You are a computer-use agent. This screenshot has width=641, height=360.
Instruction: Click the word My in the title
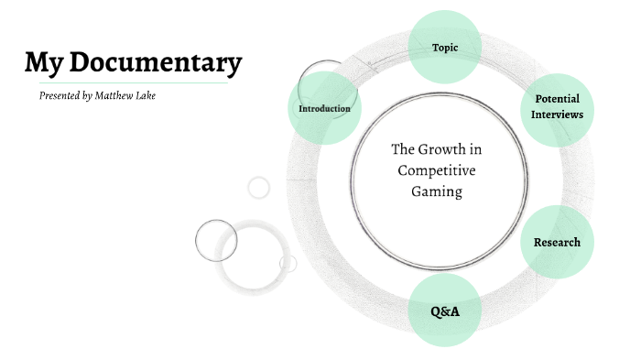(x=43, y=62)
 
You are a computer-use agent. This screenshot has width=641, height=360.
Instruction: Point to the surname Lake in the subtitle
(x=147, y=95)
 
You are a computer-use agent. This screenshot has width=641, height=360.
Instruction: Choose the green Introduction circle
(x=324, y=108)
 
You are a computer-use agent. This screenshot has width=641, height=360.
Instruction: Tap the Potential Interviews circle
(x=558, y=107)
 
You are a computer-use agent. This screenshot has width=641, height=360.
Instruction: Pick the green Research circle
(x=557, y=242)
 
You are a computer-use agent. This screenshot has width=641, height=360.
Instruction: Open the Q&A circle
(x=445, y=311)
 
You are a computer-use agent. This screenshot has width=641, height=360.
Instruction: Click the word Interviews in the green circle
(x=558, y=115)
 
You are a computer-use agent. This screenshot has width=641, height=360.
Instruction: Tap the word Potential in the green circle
(x=558, y=99)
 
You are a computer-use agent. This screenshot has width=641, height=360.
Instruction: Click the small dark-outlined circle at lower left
(x=216, y=241)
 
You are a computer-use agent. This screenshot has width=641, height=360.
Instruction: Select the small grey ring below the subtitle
(x=259, y=188)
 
